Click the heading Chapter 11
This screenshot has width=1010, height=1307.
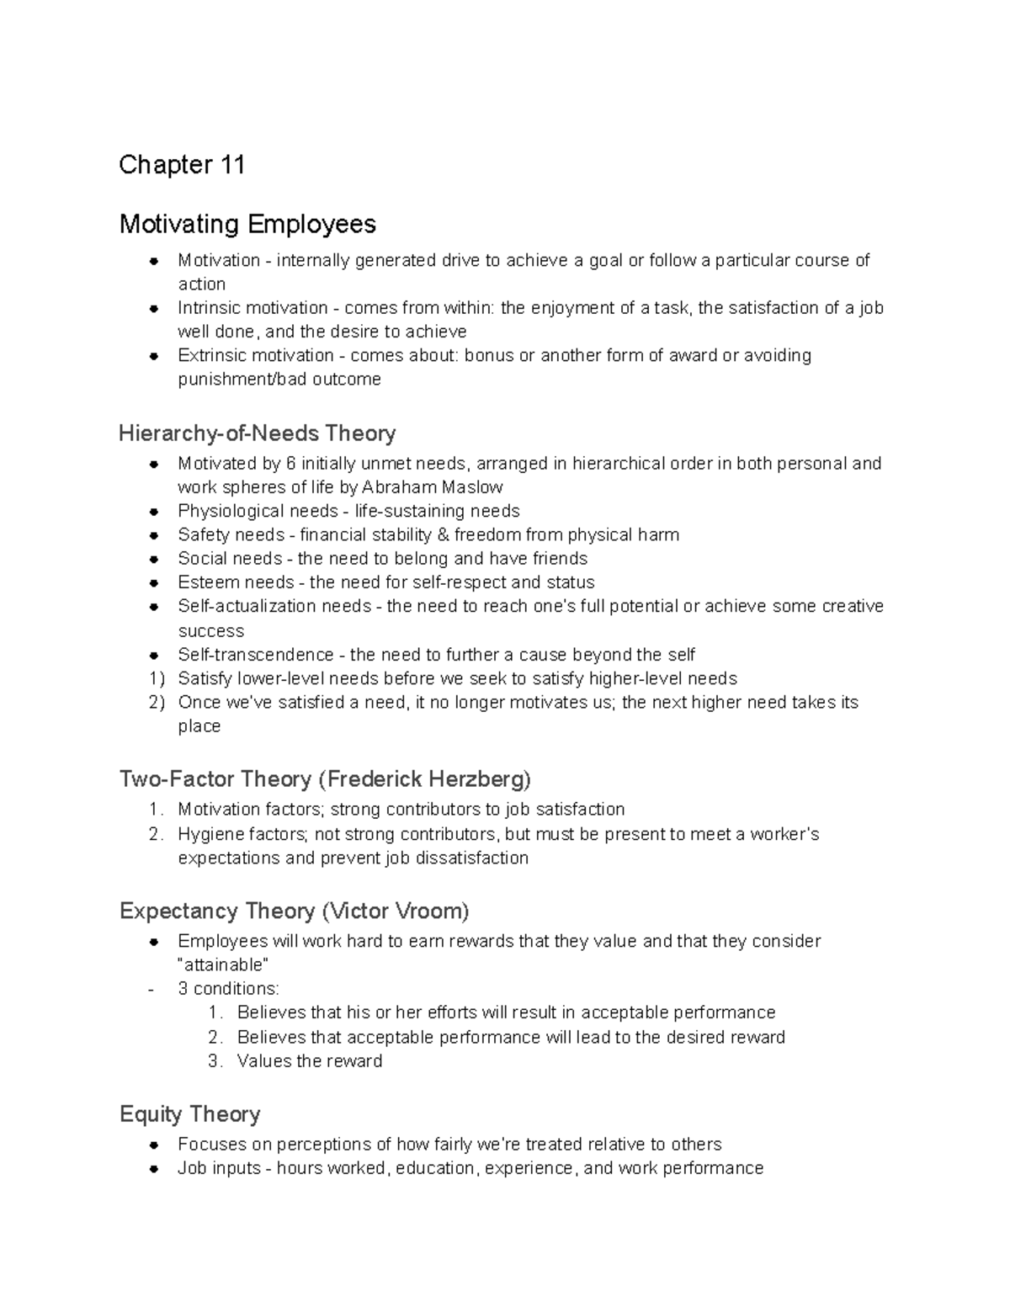(x=182, y=165)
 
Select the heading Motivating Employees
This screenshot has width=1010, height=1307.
(x=247, y=225)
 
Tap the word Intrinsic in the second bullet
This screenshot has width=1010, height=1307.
(x=206, y=308)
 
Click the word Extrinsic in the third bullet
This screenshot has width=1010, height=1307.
(x=208, y=355)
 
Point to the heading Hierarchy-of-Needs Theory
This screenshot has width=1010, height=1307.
(x=257, y=433)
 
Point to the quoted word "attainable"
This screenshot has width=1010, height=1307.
(x=223, y=964)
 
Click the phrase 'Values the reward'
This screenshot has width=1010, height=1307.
(x=310, y=1061)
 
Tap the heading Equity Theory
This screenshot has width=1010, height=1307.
(x=189, y=1114)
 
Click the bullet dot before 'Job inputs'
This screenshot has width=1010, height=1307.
(x=155, y=1169)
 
